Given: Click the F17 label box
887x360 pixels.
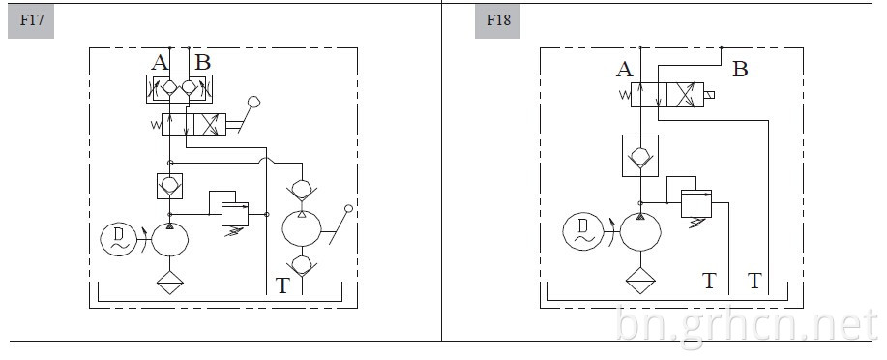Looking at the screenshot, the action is click(31, 22).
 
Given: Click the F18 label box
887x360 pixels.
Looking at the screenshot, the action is click(497, 22).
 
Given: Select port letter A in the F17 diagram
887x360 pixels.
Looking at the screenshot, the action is click(160, 62).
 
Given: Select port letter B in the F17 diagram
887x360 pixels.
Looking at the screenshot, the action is click(202, 62).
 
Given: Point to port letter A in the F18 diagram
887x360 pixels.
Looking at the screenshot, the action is click(625, 70).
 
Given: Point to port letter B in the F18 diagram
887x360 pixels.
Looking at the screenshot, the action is click(740, 70).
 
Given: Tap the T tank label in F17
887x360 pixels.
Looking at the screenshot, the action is click(281, 285).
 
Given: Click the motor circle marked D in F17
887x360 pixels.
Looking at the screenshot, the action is click(119, 239).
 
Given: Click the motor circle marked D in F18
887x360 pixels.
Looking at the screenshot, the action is click(583, 231).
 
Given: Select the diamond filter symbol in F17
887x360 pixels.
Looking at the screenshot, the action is click(169, 282).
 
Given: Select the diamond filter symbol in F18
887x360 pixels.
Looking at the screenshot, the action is click(640, 281).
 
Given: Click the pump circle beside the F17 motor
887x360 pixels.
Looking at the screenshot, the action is click(169, 239).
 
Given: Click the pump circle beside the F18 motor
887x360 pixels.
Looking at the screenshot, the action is click(640, 232).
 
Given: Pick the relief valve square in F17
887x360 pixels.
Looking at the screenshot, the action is click(235, 214).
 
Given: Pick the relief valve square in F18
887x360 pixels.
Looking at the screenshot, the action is click(696, 203).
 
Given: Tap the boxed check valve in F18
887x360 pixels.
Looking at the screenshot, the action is click(640, 156).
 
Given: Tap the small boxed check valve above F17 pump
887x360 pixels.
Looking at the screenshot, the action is click(169, 186).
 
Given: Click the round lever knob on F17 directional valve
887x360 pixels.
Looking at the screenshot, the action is click(254, 103).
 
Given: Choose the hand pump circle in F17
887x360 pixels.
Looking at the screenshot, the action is click(302, 227).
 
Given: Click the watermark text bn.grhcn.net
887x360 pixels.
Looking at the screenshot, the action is click(747, 325).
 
